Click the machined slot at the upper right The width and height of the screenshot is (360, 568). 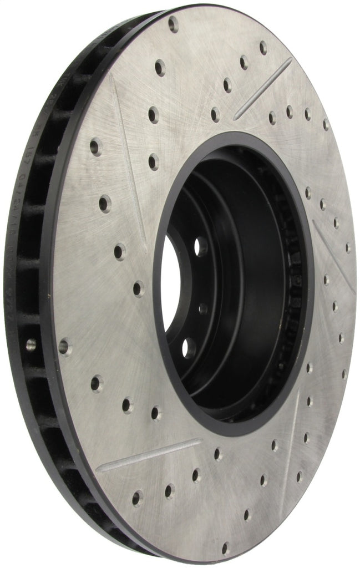click(x=263, y=89)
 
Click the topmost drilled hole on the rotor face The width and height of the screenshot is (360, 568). click(x=173, y=24)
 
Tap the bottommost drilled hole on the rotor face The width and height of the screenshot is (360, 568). click(x=225, y=549)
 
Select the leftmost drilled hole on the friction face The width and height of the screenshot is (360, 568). click(x=65, y=347)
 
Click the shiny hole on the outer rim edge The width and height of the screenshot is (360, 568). click(x=31, y=344)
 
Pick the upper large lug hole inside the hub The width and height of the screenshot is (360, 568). click(x=201, y=246)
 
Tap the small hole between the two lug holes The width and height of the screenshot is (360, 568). click(x=204, y=308)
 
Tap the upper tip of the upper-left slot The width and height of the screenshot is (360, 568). click(x=112, y=78)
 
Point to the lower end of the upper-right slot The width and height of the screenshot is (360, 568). click(x=236, y=118)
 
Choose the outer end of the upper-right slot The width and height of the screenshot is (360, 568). click(x=290, y=59)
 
